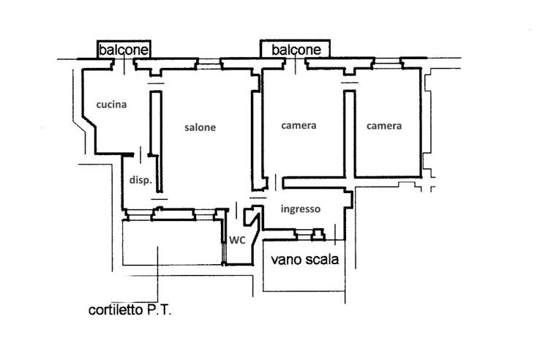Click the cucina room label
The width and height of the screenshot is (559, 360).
(x=110, y=105)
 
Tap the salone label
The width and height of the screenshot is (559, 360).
(x=200, y=127)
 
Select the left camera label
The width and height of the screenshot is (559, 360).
(x=299, y=125)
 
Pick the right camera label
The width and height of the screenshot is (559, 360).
(x=384, y=126)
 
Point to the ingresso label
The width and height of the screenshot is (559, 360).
(x=301, y=209)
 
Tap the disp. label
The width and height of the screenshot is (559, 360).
(x=140, y=181)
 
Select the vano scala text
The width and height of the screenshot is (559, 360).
(x=305, y=259)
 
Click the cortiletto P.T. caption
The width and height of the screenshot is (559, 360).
(x=130, y=310)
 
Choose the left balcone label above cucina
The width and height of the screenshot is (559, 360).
(x=124, y=50)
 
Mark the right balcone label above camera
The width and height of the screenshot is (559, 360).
(x=296, y=50)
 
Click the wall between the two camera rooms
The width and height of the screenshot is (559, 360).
(x=350, y=132)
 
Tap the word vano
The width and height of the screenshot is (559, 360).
(x=285, y=259)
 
